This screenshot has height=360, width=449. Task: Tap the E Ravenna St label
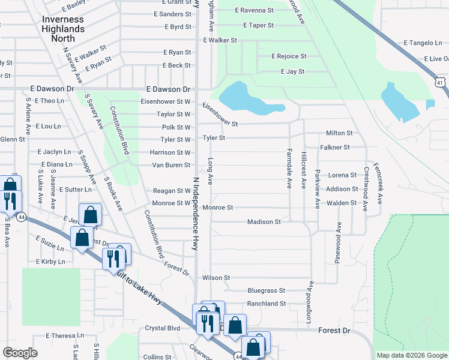(x=255, y=10)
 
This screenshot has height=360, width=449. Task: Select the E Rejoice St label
(x=289, y=56)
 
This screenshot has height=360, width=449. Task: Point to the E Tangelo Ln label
(x=423, y=43)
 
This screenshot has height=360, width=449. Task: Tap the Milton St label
(x=339, y=133)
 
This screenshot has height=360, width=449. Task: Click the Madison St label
(x=264, y=221)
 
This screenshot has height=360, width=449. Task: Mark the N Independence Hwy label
(x=195, y=213)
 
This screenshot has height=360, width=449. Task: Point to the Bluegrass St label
(x=266, y=290)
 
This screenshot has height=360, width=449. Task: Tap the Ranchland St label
(x=267, y=304)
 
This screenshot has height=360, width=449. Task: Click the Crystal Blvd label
(x=163, y=328)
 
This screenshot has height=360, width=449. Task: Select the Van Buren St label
(x=170, y=165)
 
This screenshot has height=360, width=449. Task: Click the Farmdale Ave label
(x=289, y=169)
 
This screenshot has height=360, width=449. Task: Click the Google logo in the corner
(x=20, y=353)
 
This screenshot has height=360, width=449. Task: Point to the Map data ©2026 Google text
(x=412, y=355)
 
